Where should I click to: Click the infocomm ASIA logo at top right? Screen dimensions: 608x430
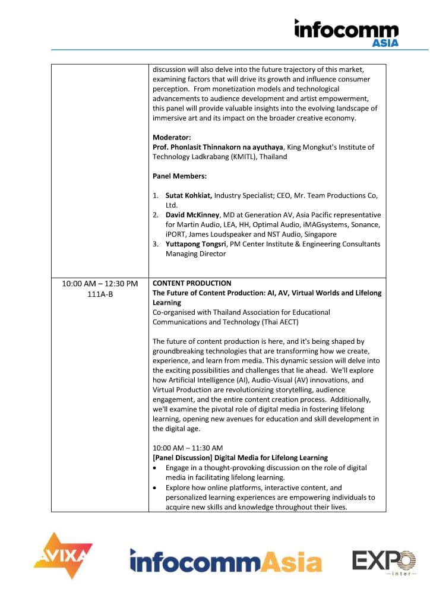click(347, 32)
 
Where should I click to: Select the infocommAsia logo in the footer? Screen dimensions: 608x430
click(226, 560)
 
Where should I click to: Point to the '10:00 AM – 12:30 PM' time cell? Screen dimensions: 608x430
click(100, 284)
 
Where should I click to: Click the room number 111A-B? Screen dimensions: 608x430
click(100, 294)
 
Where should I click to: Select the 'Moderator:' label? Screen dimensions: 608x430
click(172, 137)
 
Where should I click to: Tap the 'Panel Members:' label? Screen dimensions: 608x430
click(177, 176)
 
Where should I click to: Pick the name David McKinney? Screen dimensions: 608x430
click(195, 215)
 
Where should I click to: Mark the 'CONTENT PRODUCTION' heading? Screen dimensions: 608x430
click(192, 283)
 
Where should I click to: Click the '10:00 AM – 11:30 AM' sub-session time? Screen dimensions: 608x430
click(188, 448)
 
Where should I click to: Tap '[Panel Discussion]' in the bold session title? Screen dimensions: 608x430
click(181, 458)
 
